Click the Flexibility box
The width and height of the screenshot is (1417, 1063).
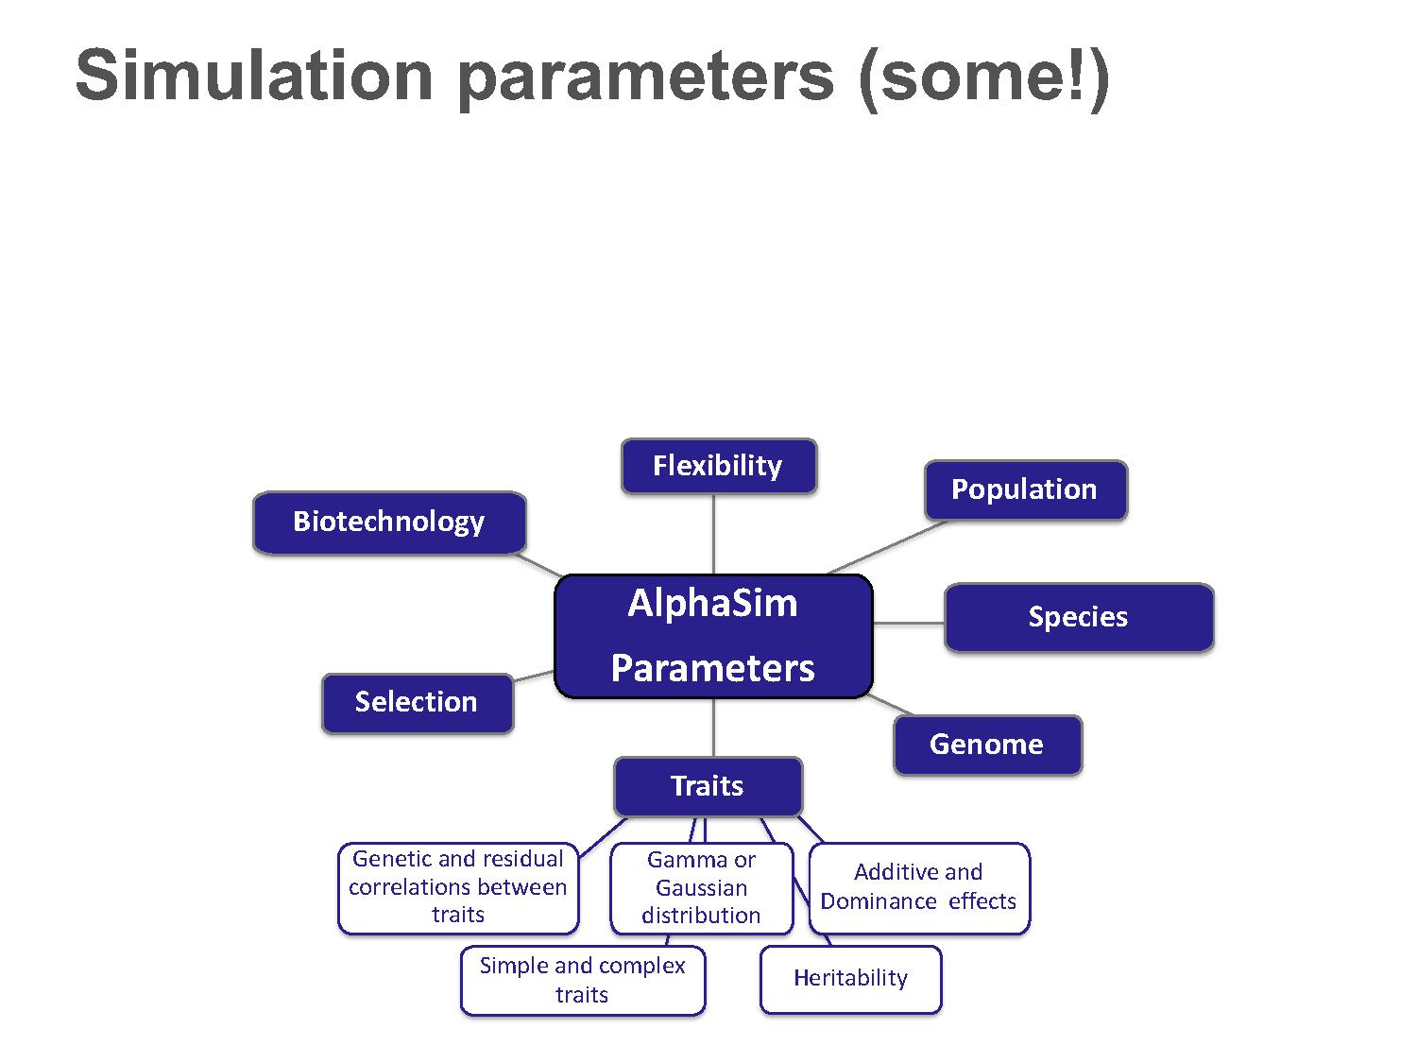point(719,466)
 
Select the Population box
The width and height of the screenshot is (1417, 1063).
point(1026,489)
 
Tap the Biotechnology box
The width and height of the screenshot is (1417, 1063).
point(389,523)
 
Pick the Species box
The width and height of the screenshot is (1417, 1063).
point(1079,617)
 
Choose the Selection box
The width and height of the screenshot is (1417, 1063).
point(418,703)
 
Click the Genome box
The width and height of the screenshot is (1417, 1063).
point(988,745)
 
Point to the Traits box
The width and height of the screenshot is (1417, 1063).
point(708,787)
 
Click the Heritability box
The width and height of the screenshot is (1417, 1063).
point(851,979)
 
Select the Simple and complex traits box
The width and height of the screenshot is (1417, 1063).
point(583,981)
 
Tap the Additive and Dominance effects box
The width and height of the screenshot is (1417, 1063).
point(919,888)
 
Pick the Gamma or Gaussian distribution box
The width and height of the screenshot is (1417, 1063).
point(702,888)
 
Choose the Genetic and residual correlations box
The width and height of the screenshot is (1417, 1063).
point(458,888)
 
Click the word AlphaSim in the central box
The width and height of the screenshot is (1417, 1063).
point(712,604)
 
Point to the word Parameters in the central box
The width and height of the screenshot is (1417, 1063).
point(712,668)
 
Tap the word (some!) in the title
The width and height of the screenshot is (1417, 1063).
point(984,77)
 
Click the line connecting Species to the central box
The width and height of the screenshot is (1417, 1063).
point(909,623)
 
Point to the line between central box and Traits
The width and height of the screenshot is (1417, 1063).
point(713,728)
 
